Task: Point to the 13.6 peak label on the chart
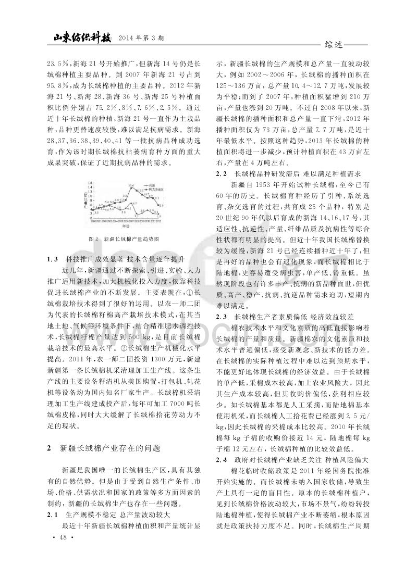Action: point(132,185)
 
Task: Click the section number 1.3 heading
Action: point(52,258)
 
